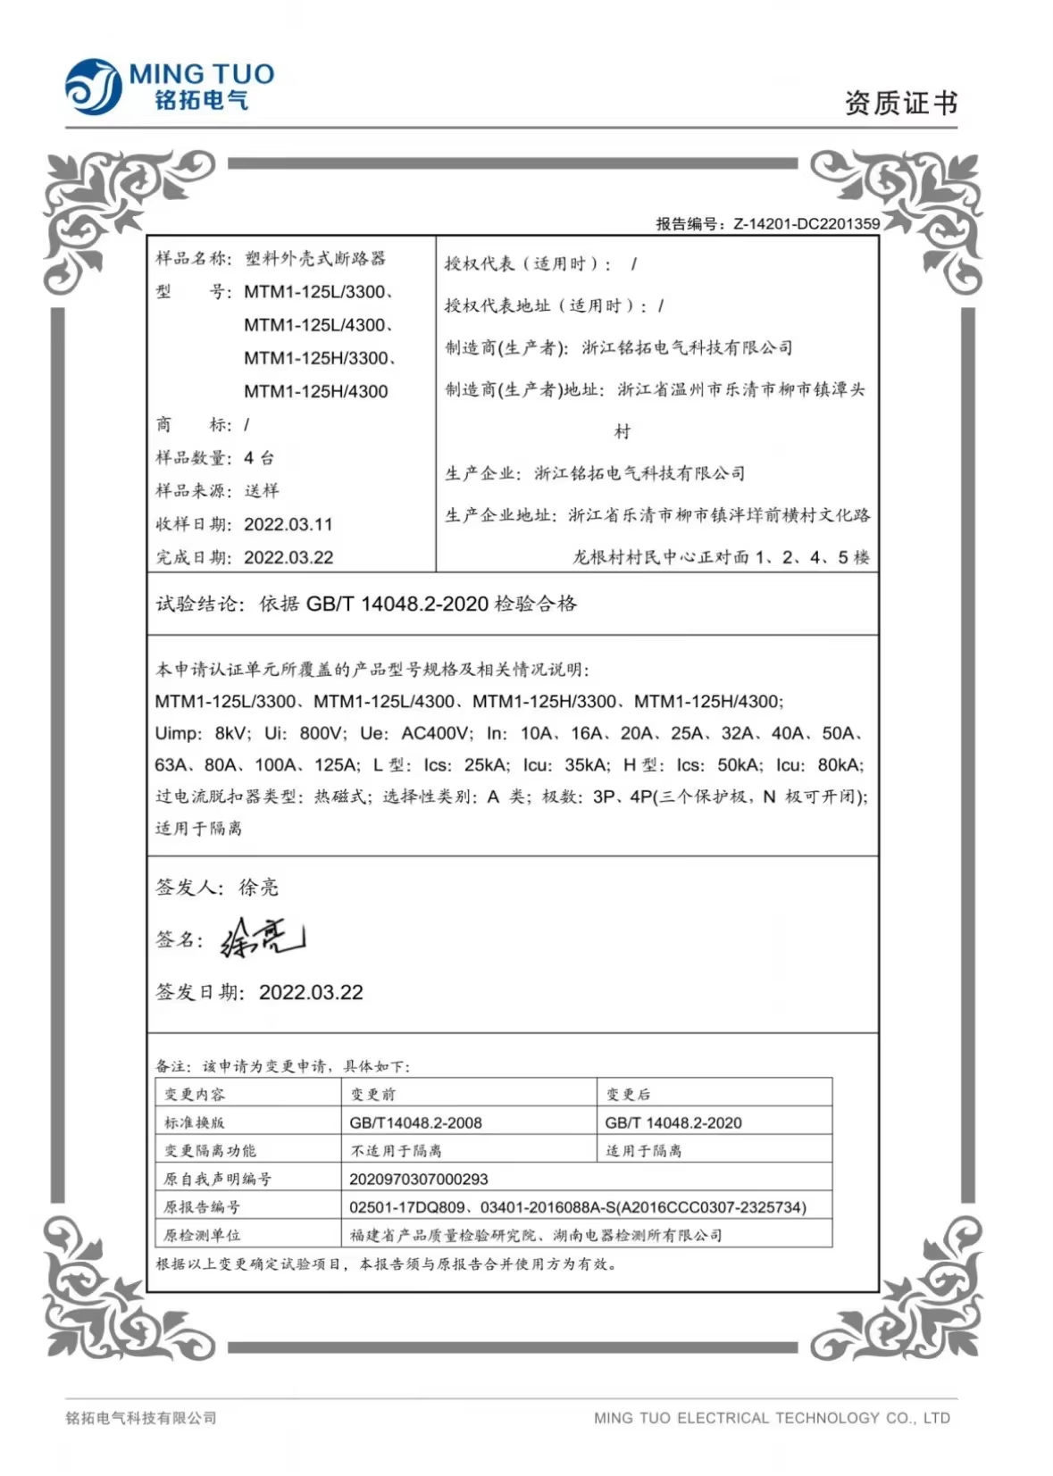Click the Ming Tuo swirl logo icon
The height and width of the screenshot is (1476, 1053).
[x=93, y=87]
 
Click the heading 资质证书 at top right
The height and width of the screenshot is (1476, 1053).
[x=900, y=104]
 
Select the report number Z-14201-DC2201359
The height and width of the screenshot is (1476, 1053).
[x=806, y=224]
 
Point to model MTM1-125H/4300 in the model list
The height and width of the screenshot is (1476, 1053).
[x=316, y=391]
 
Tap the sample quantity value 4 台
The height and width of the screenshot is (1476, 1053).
[x=259, y=458]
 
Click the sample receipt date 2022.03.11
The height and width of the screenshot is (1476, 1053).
[x=288, y=524]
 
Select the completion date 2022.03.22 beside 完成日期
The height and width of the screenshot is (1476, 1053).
[x=288, y=557]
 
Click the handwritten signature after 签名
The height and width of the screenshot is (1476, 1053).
[x=262, y=938]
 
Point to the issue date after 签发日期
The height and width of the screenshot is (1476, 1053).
[x=311, y=992]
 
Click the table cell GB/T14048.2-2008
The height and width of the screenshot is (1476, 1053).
[x=415, y=1122]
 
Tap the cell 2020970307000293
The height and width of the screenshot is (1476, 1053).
[x=418, y=1179]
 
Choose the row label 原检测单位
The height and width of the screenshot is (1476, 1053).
[x=202, y=1235]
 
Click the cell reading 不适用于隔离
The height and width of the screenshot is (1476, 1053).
[x=396, y=1150]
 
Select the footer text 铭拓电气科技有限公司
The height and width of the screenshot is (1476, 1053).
[x=141, y=1417]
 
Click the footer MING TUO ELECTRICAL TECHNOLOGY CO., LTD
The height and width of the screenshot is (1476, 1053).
[x=772, y=1417]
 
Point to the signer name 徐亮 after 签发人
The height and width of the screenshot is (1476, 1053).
[x=258, y=887]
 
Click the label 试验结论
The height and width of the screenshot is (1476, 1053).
[x=196, y=604]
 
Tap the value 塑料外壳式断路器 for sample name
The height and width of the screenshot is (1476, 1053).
[x=315, y=258]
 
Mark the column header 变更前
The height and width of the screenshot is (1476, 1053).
[x=372, y=1094]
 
